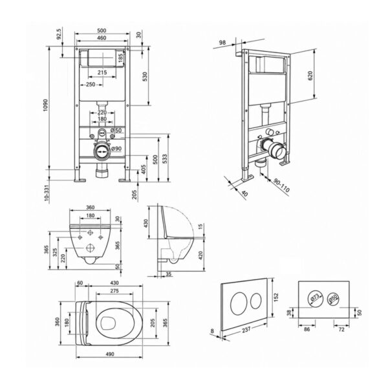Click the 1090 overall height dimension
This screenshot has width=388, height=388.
[46, 105]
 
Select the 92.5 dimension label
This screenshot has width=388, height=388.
[59, 34]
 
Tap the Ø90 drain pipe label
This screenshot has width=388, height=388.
[116, 149]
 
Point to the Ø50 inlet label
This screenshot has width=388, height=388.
[116, 130]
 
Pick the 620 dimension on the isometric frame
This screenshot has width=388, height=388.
[310, 76]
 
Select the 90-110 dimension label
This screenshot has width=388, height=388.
[281, 186]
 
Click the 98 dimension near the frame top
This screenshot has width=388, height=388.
[222, 43]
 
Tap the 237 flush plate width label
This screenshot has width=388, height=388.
[246, 330]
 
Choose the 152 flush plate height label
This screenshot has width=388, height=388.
[276, 297]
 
